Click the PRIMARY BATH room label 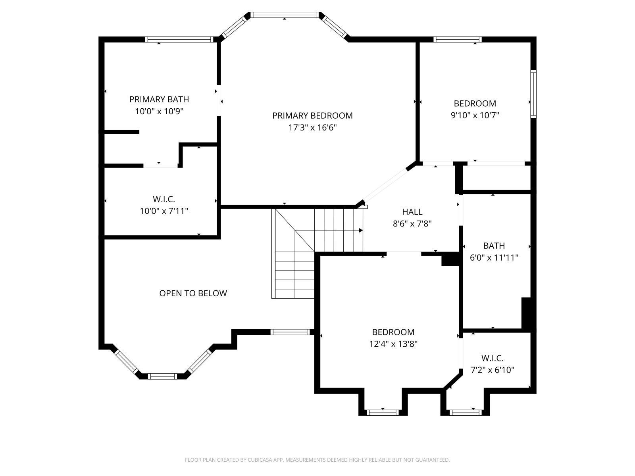pyautogui.click(x=159, y=100)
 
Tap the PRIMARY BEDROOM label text pyautogui.click(x=312, y=115)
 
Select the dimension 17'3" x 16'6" pyautogui.click(x=312, y=127)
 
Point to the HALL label pyautogui.click(x=412, y=212)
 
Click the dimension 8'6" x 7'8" pyautogui.click(x=412, y=224)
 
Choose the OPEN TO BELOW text pyautogui.click(x=193, y=294)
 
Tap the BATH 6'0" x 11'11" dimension pyautogui.click(x=494, y=257)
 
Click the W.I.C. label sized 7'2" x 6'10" pyautogui.click(x=493, y=358)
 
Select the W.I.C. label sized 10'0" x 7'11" pyautogui.click(x=164, y=199)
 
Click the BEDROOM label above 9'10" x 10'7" pyautogui.click(x=475, y=104)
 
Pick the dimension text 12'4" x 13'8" pyautogui.click(x=393, y=344)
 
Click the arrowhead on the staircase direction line pyautogui.click(x=361, y=230)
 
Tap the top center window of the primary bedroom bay pyautogui.click(x=285, y=15)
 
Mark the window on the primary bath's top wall pyautogui.click(x=179, y=40)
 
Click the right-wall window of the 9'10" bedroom pyautogui.click(x=533, y=94)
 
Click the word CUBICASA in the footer pyautogui.click(x=258, y=460)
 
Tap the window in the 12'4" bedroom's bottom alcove pyautogui.click(x=383, y=413)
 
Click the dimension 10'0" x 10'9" pyautogui.click(x=159, y=111)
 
